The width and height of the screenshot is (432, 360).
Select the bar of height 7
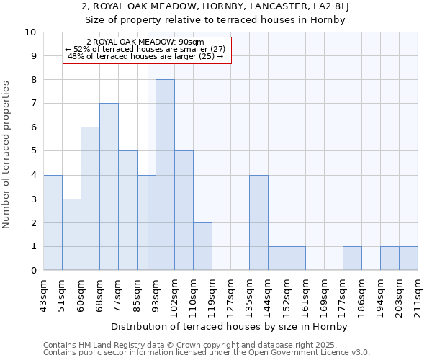coord(109,186)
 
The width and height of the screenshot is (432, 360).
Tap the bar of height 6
coord(90,199)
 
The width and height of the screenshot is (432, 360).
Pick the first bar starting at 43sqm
coord(53,222)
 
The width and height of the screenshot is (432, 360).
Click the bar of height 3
coord(71,234)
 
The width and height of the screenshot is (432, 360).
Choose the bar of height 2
coord(202,246)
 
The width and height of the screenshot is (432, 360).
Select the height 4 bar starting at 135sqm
coord(258,222)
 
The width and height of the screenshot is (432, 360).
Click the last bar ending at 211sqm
coord(408,258)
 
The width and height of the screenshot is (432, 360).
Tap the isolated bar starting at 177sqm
coord(352,258)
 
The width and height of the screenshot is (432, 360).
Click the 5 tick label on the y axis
coord(33,151)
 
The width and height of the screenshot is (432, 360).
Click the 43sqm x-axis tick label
coord(44,293)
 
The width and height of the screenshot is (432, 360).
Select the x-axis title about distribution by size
coord(230,327)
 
